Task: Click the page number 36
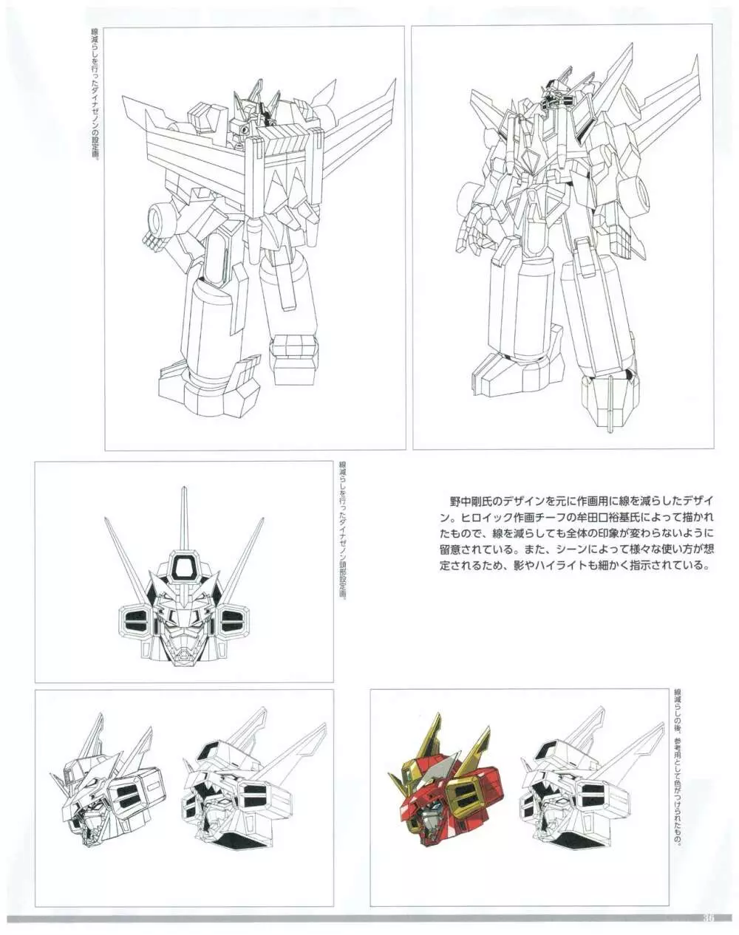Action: click(x=708, y=918)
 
